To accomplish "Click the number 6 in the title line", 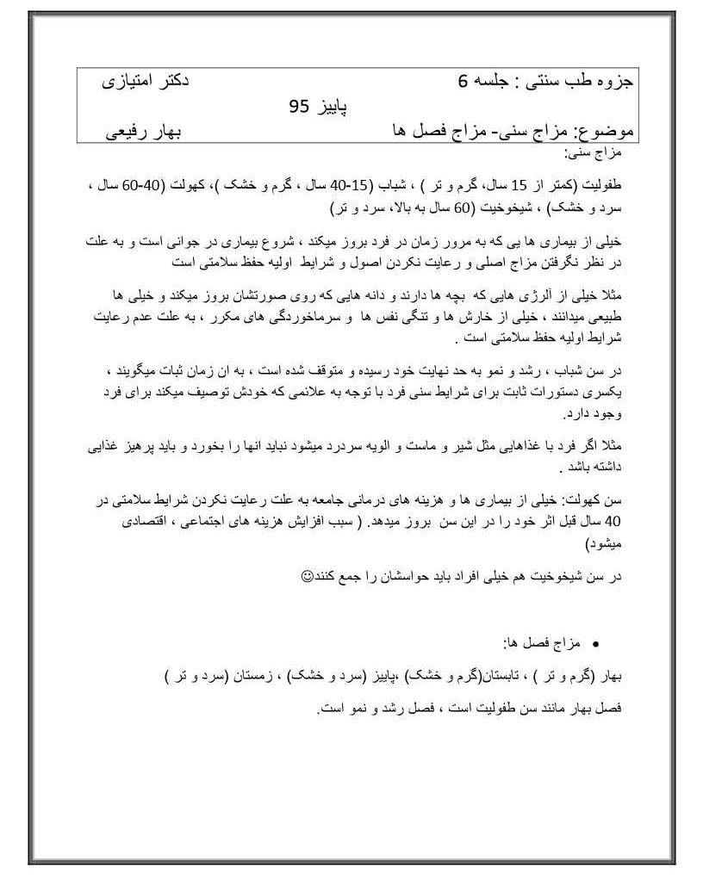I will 463,83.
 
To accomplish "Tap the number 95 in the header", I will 299,107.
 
